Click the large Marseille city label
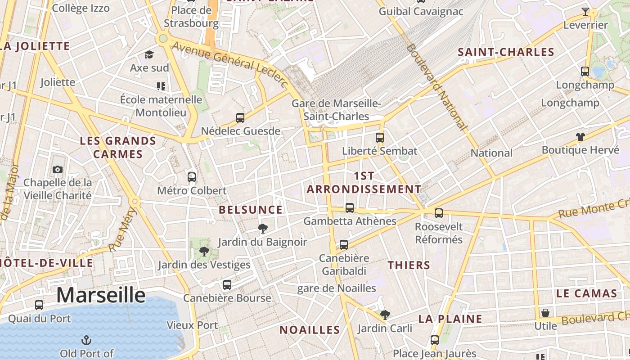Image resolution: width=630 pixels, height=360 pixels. tap(101, 295)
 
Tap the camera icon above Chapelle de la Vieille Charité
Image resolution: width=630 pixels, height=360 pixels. tap(58, 169)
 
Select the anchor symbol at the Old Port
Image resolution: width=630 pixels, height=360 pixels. tap(86, 340)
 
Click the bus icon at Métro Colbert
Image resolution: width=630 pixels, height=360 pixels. tap(192, 177)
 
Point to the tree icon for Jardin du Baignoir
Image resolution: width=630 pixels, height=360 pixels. tap(263, 229)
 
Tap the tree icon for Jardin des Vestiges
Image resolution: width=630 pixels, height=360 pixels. tap(204, 251)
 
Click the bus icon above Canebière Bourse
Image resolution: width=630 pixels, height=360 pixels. tap(227, 284)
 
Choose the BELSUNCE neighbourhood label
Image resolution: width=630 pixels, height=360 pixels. tap(251, 210)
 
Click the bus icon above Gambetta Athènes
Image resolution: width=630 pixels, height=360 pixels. tap(350, 207)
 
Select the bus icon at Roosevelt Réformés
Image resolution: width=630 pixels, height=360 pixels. tap(439, 213)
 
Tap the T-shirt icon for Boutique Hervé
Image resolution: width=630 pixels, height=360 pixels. tap(580, 136)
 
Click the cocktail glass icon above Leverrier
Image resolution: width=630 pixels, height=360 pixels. tap(585, 11)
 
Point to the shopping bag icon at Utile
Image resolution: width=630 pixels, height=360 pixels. tap(545, 312)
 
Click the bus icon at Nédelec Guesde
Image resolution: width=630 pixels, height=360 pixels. tap(240, 118)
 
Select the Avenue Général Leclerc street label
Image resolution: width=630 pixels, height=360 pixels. tap(229, 63)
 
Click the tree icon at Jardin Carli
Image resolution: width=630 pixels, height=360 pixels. tap(385, 315)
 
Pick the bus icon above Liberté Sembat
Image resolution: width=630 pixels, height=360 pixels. tap(380, 138)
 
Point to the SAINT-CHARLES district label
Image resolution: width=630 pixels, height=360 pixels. tap(506, 52)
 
